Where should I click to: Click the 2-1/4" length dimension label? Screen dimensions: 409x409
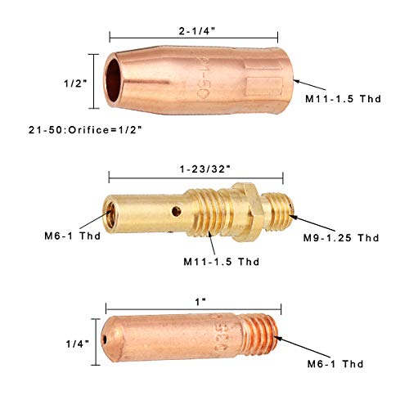point(197,31)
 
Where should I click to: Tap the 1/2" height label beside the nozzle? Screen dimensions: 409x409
point(75,83)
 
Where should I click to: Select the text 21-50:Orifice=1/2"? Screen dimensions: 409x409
point(85,130)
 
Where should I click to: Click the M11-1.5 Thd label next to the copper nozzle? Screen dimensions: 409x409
point(343,99)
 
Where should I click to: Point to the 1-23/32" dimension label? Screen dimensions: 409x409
point(205,169)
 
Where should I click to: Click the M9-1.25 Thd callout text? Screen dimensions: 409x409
point(341,238)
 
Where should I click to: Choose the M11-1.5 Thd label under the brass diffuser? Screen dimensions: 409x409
point(222,262)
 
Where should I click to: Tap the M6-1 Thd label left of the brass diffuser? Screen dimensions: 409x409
point(73,236)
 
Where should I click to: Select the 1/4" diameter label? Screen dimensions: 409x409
point(78,344)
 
